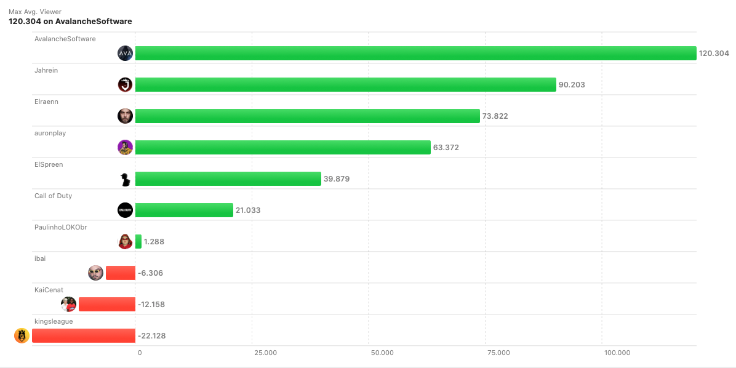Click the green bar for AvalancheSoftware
point(415,54)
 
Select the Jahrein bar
point(345,85)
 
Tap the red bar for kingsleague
point(83,335)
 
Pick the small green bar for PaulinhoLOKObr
point(138,241)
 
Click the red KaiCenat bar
point(106,304)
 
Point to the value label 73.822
point(495,116)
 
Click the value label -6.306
point(150,273)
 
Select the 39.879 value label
point(337,179)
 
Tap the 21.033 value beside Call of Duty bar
point(248,210)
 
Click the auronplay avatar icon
point(125,148)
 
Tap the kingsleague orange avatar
point(22,335)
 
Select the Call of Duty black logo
point(125,210)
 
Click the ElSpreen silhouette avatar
point(125,179)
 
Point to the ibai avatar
point(95,273)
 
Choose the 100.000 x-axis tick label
point(617,353)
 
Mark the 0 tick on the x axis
point(140,353)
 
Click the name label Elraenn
point(46,102)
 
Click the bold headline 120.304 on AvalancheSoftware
point(70,22)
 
